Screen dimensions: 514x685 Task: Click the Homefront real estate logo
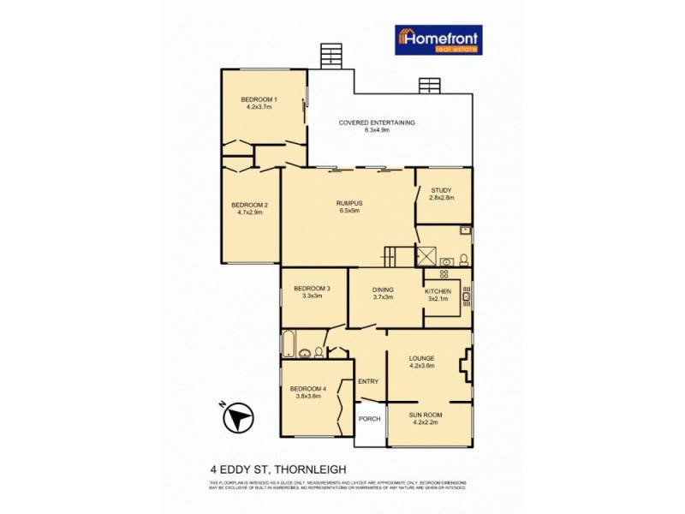[438, 39]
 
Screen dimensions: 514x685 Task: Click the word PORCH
[370, 419]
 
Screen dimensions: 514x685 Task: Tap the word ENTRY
[368, 382]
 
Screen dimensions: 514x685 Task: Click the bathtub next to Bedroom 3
[289, 344]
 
